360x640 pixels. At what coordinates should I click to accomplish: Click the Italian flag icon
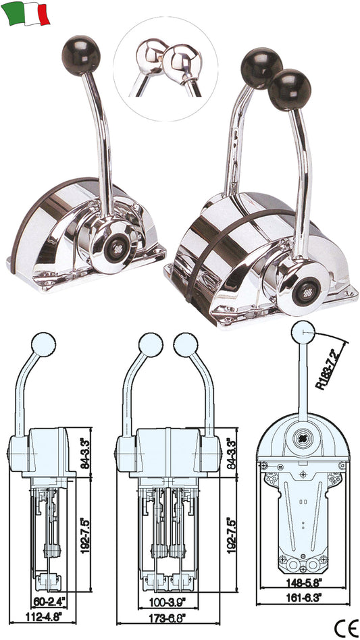(26, 14)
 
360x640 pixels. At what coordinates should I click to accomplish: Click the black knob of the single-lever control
(81, 56)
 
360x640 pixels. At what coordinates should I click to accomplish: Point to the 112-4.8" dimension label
(43, 616)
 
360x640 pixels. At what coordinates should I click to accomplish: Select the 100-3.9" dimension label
(168, 601)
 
